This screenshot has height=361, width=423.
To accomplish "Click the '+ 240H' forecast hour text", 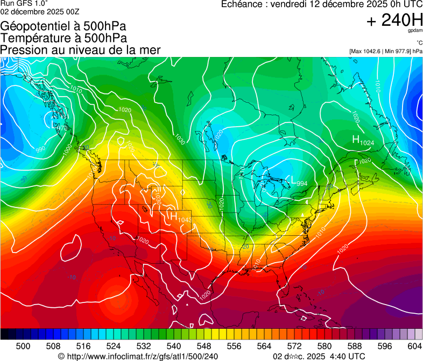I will pos(394,21).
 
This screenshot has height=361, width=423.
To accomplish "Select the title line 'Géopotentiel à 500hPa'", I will pos(64,26).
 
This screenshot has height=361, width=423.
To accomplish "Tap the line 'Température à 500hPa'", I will pos(64,38).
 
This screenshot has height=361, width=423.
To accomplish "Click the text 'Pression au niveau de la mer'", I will pos(80,50).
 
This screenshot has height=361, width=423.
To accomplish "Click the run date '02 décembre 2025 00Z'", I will pos(33,12).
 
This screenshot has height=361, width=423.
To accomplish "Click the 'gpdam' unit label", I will pos(415,32).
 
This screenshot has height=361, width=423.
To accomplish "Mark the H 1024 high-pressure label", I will pos(363,141).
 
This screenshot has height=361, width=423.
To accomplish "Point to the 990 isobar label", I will pos(40,149).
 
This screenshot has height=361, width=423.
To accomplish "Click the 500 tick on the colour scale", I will pos(23,346).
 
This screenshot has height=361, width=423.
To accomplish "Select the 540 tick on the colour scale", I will pos(174,346).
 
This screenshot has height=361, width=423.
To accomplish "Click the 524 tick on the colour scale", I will pos(114,346).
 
